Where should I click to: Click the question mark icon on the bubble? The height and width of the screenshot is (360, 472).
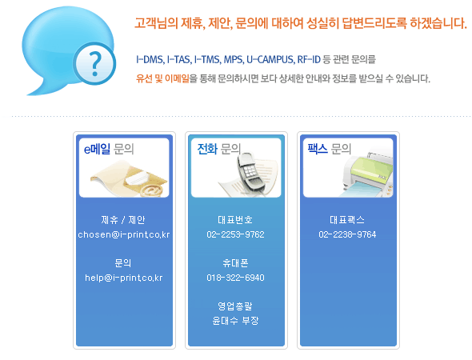tap(95, 63)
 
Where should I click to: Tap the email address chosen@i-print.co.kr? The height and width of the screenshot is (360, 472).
tap(124, 234)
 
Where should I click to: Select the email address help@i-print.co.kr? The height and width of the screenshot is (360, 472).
tap(124, 278)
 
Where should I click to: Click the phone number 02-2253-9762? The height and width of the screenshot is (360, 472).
tap(236, 234)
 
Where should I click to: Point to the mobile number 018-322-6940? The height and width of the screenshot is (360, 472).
tap(236, 278)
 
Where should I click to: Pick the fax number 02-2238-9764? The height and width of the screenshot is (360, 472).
tap(348, 234)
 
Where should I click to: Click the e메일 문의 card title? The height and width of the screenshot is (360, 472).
tap(109, 149)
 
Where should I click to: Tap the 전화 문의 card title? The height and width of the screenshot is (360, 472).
tap(219, 149)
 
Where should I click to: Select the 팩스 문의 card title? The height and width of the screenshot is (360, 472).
tap(330, 149)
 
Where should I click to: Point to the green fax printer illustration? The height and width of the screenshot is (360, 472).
tap(368, 174)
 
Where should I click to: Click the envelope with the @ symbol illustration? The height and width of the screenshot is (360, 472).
tap(130, 179)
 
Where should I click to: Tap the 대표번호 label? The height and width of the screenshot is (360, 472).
tap(235, 220)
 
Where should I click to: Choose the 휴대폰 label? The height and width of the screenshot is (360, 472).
tap(235, 263)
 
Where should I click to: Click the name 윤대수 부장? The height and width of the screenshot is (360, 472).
tap(235, 321)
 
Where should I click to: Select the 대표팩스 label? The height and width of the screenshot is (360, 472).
tap(347, 220)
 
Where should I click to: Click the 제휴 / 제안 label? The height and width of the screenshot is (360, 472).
tap(123, 220)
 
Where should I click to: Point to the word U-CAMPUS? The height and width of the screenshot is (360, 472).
tap(270, 59)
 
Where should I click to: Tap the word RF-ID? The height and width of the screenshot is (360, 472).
tap(309, 59)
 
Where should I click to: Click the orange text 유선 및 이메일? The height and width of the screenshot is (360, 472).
tap(162, 78)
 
